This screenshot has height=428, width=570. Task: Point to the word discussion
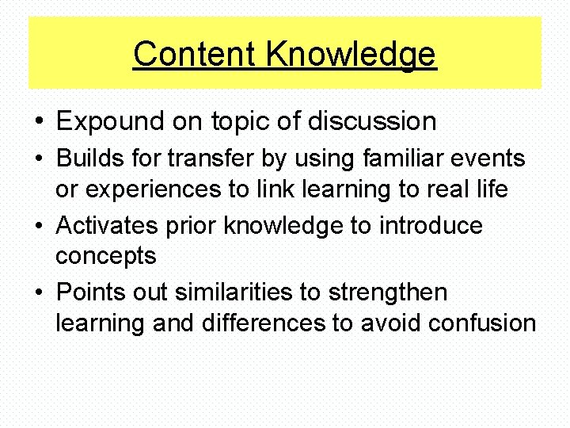point(371,121)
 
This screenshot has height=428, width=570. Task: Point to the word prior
point(192,226)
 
